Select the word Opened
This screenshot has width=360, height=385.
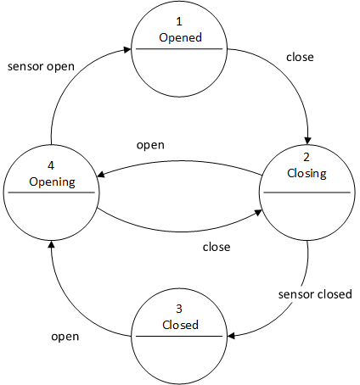coord(179,38)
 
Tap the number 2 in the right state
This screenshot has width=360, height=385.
coord(307,158)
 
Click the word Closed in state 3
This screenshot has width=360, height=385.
coord(179,325)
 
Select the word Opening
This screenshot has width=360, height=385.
coord(51,181)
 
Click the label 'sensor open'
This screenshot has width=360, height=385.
coord(40,65)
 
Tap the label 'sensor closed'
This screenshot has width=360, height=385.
coord(315,294)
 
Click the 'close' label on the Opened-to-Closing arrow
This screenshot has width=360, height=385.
coord(299,58)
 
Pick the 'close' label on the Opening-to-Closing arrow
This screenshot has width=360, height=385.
coord(217,248)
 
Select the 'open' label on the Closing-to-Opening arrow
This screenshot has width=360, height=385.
coord(150,144)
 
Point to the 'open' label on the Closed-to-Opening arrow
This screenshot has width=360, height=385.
coord(65,336)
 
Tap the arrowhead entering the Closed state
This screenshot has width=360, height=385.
coord(231,337)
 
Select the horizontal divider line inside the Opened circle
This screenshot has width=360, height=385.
coord(179,50)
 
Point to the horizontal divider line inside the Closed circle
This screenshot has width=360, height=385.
coord(179,337)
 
